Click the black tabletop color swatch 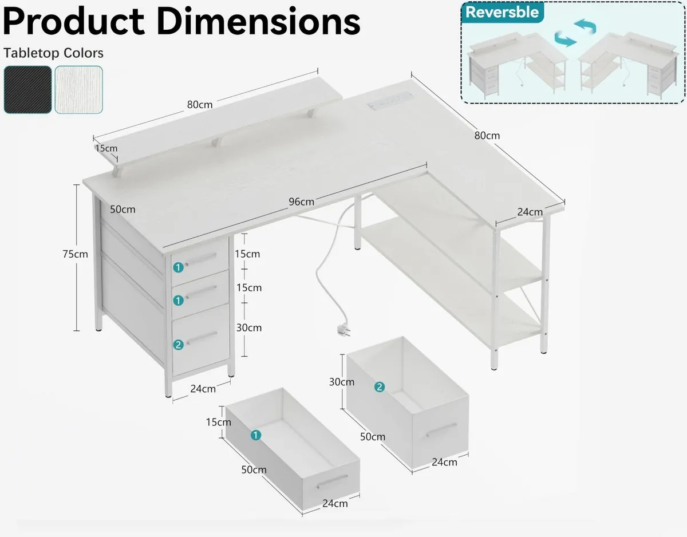28,89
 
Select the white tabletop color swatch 79,89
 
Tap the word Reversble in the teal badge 502,13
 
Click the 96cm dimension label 301,202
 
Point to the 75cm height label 75,254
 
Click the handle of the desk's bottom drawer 202,338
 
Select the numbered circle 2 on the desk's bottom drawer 178,345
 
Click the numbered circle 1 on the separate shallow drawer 256,435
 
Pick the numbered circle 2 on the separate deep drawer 380,387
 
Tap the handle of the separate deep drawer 441,430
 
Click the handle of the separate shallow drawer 332,481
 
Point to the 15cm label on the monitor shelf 106,148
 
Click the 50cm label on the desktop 123,209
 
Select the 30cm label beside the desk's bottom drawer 249,328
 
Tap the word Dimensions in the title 258,22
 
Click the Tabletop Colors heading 53,53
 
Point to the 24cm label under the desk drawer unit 203,389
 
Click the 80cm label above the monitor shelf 200,104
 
